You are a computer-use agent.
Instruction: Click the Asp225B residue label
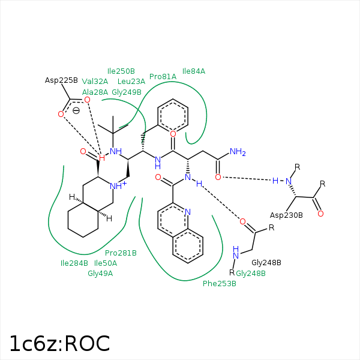61,80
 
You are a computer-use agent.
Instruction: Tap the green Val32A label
95,82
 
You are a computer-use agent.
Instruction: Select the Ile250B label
121,71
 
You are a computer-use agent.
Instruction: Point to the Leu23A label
131,82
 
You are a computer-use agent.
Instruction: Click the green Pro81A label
163,77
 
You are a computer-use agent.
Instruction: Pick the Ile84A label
193,71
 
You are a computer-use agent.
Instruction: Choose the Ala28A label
95,92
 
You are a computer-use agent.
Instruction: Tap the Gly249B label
127,92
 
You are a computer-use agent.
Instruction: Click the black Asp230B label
286,215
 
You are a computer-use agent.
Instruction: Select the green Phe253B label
219,283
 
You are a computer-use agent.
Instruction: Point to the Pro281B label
121,253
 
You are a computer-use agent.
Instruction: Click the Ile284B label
74,263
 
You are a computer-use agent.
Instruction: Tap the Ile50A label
106,263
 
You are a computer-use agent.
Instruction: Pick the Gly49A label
100,274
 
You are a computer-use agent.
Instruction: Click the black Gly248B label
266,263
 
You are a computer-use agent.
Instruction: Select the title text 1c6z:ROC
59,343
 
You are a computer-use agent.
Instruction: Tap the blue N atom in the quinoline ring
188,211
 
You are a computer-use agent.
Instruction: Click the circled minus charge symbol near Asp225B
76,110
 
